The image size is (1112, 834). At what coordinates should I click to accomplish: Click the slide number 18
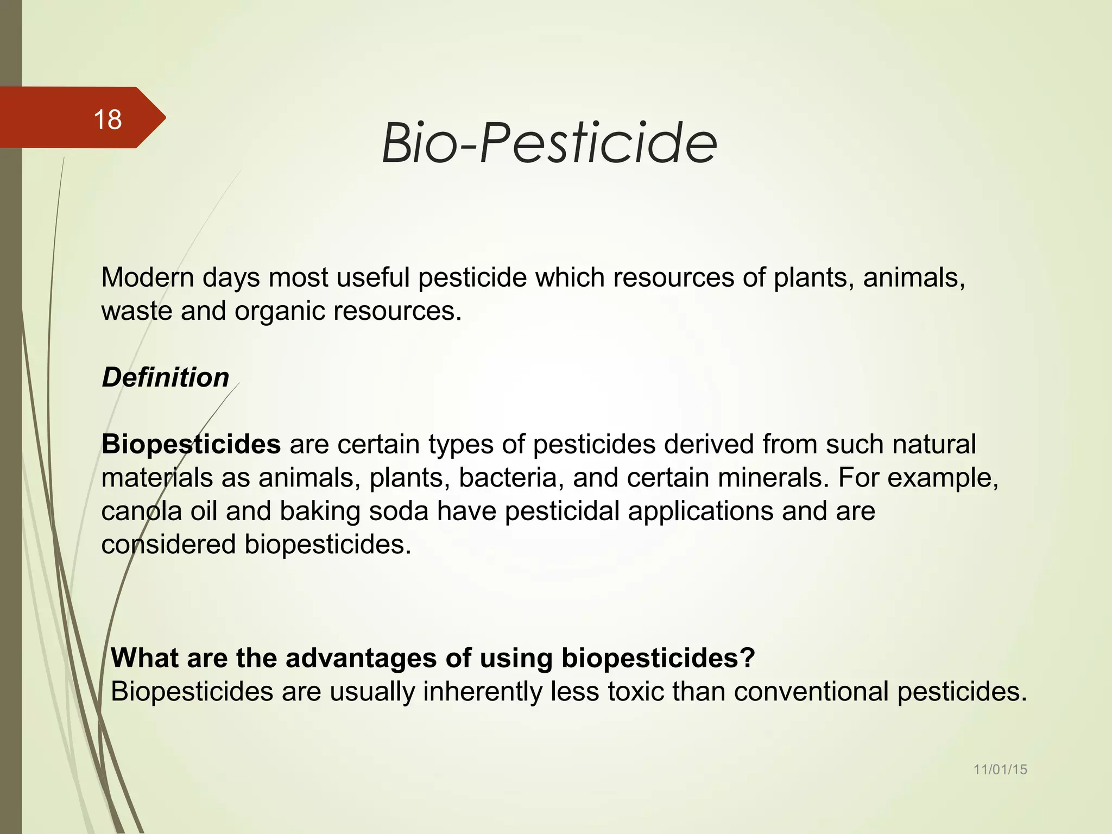108,119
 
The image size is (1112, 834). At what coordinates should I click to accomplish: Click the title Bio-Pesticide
549,143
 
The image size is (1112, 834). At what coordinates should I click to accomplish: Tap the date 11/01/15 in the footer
1000,769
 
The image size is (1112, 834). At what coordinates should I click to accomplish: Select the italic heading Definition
166,377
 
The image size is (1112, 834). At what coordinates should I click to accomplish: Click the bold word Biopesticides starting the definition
191,444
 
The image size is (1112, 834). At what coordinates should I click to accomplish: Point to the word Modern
148,277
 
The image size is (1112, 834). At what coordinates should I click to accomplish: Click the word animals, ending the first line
914,277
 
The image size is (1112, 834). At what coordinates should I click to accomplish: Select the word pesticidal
562,511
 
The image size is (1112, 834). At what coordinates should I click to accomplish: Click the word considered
168,545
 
